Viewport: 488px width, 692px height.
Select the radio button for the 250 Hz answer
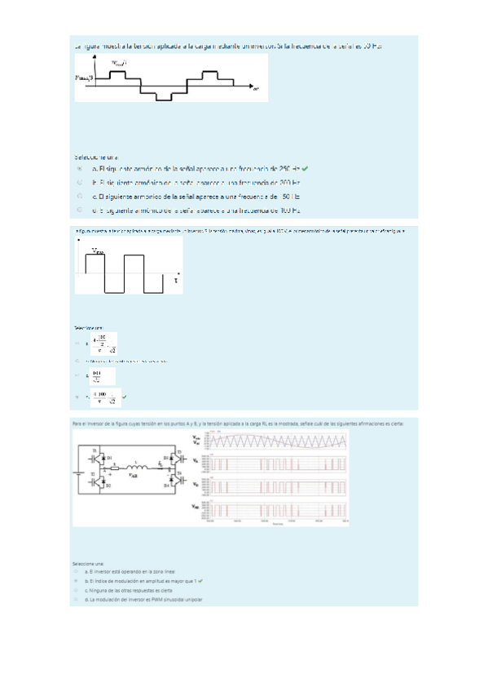pos(80,168)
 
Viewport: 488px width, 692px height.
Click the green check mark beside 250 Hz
pos(304,168)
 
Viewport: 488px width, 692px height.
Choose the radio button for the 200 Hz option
pos(80,183)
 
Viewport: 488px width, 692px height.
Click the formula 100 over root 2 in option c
pos(102,376)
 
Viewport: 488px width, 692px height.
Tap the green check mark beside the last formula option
pos(125,397)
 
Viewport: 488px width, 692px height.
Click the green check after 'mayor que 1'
pos(200,580)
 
